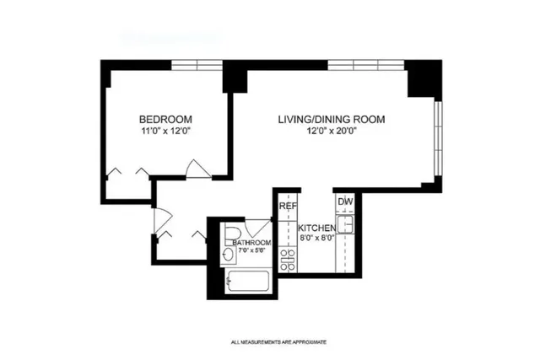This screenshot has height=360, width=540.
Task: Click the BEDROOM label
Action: [x=166, y=119]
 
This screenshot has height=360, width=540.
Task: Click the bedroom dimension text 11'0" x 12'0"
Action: [x=166, y=132]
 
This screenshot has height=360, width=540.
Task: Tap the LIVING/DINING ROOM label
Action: [x=332, y=120]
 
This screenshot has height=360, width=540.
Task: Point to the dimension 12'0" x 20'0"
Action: [x=332, y=132]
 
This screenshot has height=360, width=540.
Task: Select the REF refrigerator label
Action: [x=288, y=205]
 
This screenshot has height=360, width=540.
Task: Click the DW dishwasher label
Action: [x=344, y=202]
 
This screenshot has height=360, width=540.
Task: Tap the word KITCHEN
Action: [x=318, y=228]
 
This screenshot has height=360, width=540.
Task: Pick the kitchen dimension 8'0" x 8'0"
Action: [x=318, y=239]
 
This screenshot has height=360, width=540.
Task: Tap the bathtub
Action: [x=247, y=281]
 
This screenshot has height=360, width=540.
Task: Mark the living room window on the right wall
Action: [x=436, y=139]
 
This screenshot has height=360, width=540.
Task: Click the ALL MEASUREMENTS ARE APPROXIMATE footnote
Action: [x=278, y=342]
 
